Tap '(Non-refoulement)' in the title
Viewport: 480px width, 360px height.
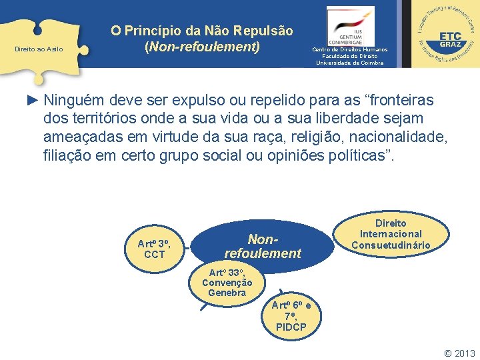click(201, 47)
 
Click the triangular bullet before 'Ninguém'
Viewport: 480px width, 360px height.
click(33, 101)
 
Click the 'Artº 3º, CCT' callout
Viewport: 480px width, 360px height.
click(154, 248)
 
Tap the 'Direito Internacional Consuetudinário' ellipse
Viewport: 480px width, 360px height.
click(391, 234)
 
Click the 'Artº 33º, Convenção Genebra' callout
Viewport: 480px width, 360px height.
click(227, 283)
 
